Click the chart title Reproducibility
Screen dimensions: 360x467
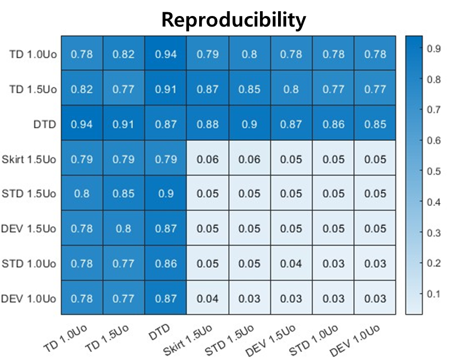pyautogui.click(x=233, y=20)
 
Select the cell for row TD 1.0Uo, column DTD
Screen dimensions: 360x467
pyautogui.click(x=165, y=54)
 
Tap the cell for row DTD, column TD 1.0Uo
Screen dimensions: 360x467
pyautogui.click(x=82, y=124)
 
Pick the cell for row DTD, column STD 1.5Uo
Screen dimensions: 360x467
pyautogui.click(x=249, y=124)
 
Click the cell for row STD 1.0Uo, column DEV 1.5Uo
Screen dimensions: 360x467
pyautogui.click(x=291, y=263)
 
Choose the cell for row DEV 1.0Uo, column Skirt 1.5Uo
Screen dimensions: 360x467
pyautogui.click(x=208, y=298)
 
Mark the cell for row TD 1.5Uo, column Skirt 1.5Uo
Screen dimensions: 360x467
pyautogui.click(x=208, y=89)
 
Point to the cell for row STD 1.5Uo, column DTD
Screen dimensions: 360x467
pyautogui.click(x=165, y=194)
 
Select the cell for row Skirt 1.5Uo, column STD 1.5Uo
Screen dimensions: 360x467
pyautogui.click(x=249, y=159)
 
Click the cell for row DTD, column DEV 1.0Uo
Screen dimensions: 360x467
pyautogui.click(x=375, y=124)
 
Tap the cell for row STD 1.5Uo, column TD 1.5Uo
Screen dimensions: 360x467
pyautogui.click(x=123, y=194)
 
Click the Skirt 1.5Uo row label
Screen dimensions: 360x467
pyautogui.click(x=29, y=159)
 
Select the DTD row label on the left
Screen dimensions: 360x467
pyautogui.click(x=44, y=124)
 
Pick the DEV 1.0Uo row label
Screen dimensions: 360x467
pyautogui.click(x=29, y=299)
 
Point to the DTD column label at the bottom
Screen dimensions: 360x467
pyautogui.click(x=159, y=333)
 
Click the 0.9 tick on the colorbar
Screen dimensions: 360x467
pyautogui.click(x=432, y=49)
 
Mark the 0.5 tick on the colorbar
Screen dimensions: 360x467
pyautogui.click(x=432, y=171)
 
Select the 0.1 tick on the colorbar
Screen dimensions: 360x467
pyautogui.click(x=432, y=294)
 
